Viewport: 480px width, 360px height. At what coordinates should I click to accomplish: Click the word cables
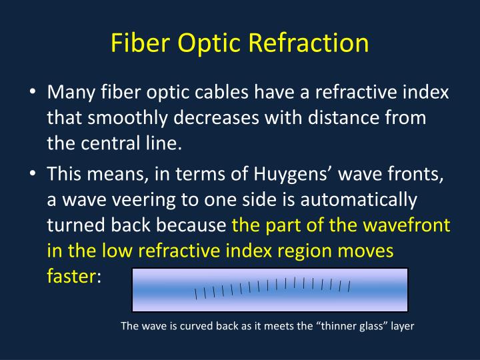tap(240, 93)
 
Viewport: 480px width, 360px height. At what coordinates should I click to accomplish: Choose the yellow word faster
tap(71, 275)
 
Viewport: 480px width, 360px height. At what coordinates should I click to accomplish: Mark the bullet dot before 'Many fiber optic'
tap(32, 94)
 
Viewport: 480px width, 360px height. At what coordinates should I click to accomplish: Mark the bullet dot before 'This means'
tap(32, 174)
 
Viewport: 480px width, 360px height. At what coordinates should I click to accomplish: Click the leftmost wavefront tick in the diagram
tap(196, 293)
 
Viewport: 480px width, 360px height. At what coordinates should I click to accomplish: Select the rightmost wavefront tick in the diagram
tap(349, 287)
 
